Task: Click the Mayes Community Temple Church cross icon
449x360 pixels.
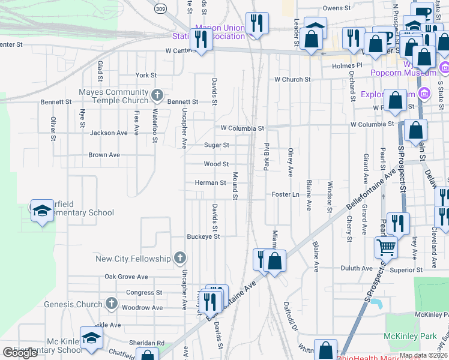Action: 157,95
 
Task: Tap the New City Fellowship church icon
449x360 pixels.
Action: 179,259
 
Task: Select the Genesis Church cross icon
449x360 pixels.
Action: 111,304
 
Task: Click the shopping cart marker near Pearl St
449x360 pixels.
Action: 386,246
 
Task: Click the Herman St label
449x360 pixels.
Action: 210,183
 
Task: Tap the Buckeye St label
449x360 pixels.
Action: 203,236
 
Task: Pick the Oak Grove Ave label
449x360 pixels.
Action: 126,277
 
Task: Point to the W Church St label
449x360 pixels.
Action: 292,79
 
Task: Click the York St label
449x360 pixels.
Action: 146,75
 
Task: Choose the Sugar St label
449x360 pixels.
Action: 217,145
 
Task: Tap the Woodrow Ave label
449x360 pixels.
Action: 142,307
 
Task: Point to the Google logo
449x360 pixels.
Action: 20,353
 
